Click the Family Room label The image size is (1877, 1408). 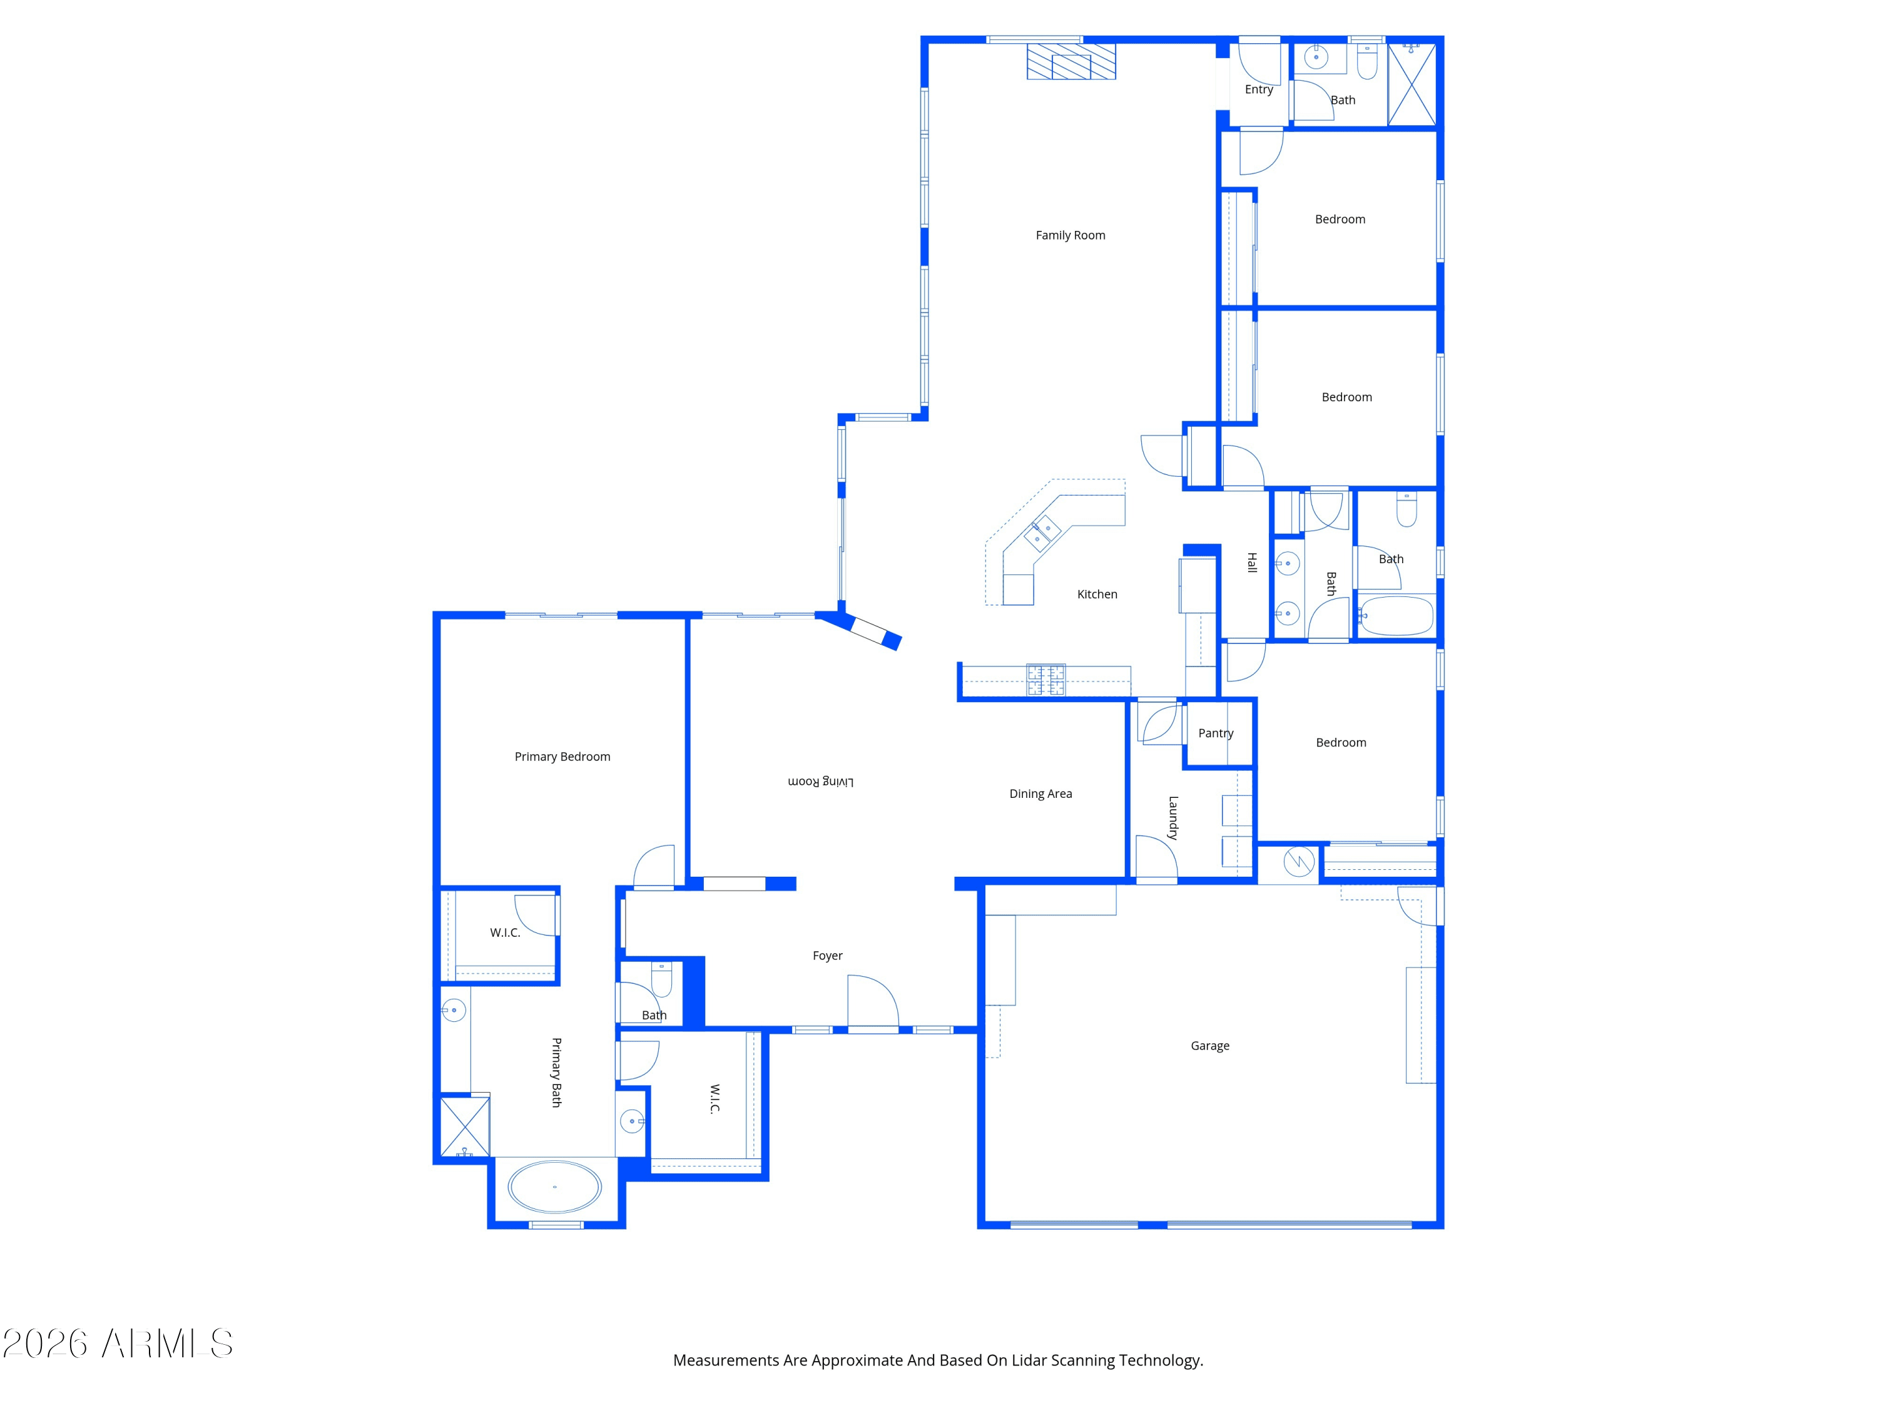[1070, 235]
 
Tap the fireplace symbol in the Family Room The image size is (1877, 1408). [1071, 62]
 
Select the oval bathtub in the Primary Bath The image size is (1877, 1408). [554, 1186]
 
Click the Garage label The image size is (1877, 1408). [1209, 1046]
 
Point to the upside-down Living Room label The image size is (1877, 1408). [820, 782]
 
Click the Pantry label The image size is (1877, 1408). [1215, 733]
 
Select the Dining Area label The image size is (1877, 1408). [1040, 793]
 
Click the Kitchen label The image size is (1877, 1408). [1097, 594]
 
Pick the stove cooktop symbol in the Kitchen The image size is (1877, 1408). [1045, 680]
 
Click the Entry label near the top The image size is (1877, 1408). [1258, 89]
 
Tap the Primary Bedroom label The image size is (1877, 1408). [562, 756]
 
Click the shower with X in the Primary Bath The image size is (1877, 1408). [464, 1127]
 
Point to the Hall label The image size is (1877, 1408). [1251, 563]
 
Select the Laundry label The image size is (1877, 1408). [1172, 817]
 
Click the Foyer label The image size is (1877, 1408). [827, 956]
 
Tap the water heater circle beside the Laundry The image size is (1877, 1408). [1298, 862]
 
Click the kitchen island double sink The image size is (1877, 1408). [1042, 533]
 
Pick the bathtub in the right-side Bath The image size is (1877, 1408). [1396, 615]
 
